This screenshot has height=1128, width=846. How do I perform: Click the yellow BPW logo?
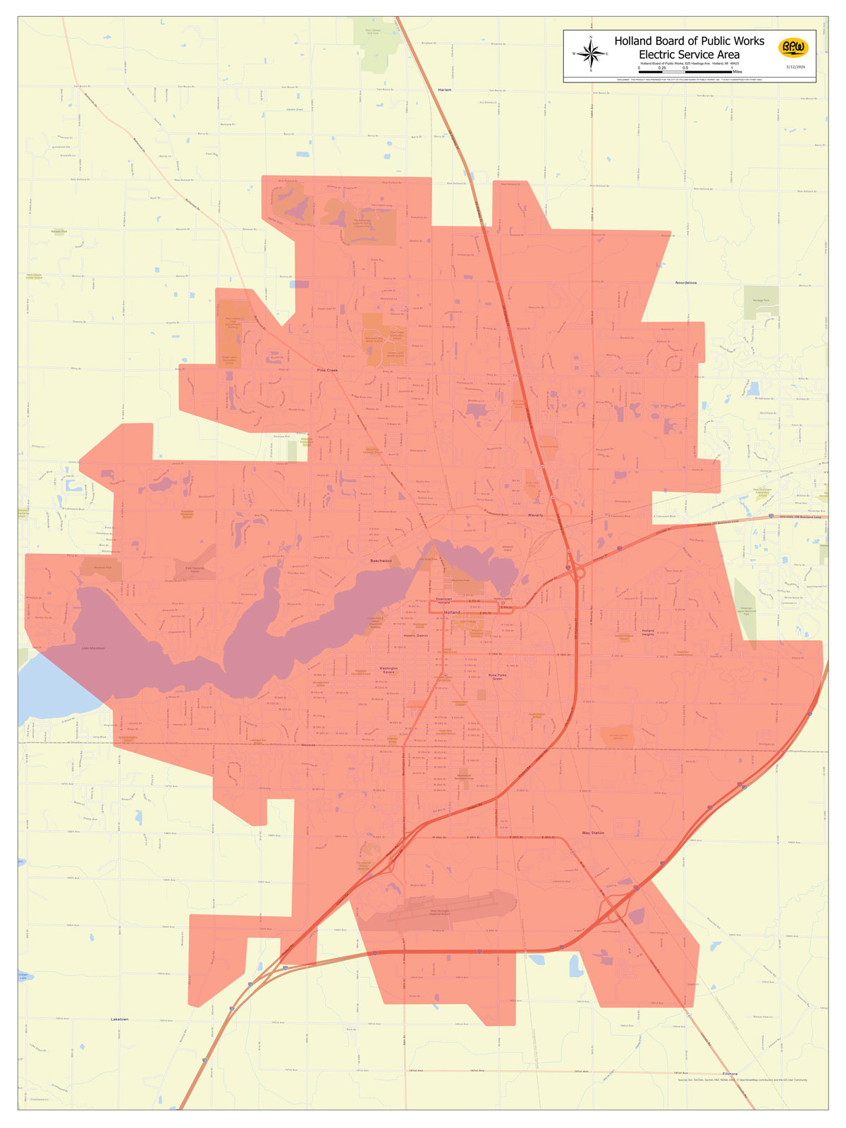tap(793, 48)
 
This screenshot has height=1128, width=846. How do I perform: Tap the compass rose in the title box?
tap(591, 54)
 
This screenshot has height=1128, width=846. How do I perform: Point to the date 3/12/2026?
tap(795, 66)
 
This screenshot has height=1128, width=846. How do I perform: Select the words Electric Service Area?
tap(689, 54)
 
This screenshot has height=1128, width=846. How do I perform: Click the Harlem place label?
tap(444, 90)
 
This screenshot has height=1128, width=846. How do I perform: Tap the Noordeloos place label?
tap(685, 283)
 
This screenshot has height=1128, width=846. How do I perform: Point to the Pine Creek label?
tap(328, 369)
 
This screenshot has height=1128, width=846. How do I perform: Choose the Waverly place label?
tap(535, 515)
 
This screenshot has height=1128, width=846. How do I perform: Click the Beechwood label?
tap(381, 561)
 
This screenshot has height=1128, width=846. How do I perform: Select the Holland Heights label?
tap(648, 632)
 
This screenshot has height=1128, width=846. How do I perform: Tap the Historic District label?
tap(416, 636)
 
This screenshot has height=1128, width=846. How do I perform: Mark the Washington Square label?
tap(388, 670)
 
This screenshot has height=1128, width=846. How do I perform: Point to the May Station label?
tap(593, 833)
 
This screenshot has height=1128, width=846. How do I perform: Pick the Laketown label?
tap(120, 1019)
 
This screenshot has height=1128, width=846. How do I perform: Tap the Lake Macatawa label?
tap(93, 649)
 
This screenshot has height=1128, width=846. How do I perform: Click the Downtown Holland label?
tap(443, 601)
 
